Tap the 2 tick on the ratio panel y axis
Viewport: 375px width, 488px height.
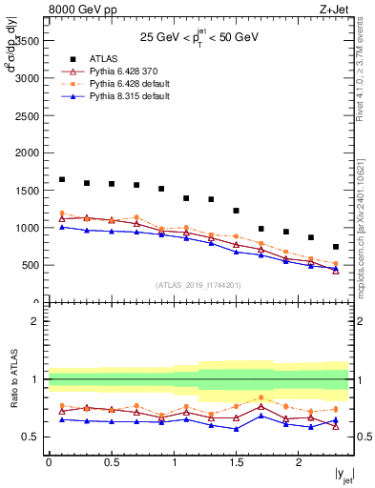(35, 322)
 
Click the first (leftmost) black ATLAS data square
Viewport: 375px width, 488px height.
(62, 179)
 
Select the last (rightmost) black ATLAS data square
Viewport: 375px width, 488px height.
(336, 247)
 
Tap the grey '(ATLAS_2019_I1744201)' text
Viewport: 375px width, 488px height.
(198, 285)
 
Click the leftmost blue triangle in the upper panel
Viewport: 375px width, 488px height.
(62, 227)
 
